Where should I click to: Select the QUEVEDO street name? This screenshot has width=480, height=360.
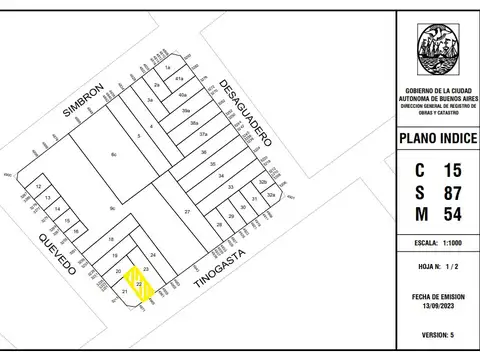(x=57, y=255)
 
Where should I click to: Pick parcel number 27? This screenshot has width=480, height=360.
(x=186, y=213)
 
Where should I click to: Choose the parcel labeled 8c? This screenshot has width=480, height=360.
(x=114, y=155)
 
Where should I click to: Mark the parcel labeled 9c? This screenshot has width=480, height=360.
(x=113, y=208)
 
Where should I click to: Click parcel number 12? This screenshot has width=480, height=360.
(x=38, y=187)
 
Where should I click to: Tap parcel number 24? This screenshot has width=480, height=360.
(x=153, y=255)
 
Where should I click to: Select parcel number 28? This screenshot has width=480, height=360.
(x=219, y=225)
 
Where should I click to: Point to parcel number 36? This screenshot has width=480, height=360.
(x=203, y=153)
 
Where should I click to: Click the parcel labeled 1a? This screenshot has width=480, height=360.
(x=168, y=66)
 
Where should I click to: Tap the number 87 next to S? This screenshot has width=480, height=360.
(x=452, y=191)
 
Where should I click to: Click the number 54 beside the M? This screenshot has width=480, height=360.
(x=452, y=214)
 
